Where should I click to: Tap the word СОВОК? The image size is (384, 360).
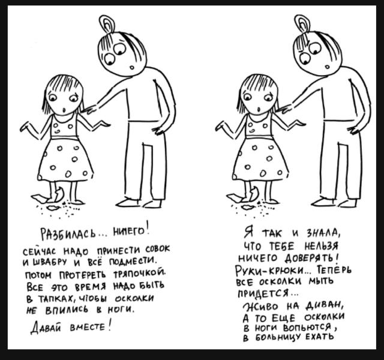pos(156,248)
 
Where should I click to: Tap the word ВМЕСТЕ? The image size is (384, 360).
pos(90,327)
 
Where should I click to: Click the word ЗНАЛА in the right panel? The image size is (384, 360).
pos(317,232)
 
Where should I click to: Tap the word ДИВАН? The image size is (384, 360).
pos(325,304)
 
